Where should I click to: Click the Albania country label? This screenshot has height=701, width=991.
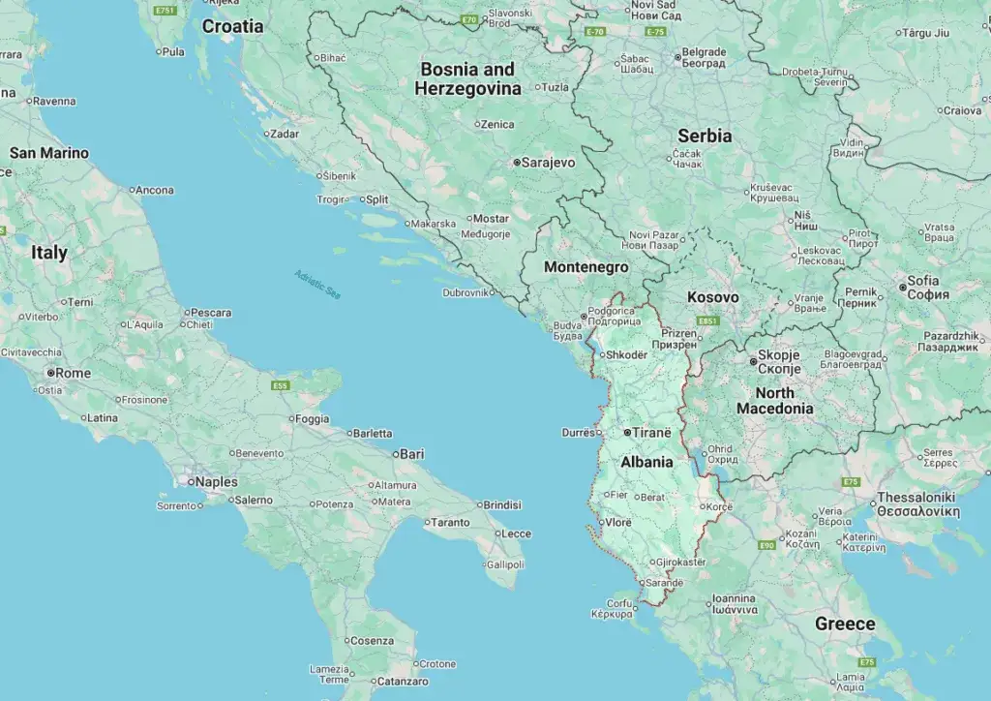(646, 462)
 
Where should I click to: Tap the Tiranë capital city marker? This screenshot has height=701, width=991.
(627, 432)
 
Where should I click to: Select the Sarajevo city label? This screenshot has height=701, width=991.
(547, 163)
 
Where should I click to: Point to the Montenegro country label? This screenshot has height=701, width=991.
(586, 267)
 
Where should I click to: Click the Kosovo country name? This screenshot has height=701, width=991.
(712, 297)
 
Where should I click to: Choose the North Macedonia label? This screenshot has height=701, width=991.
(774, 401)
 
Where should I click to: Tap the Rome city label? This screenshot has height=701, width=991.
(73, 373)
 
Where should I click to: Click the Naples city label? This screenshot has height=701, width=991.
(216, 481)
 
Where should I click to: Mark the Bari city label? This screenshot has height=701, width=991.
(412, 453)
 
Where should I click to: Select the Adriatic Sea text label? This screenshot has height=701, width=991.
(318, 284)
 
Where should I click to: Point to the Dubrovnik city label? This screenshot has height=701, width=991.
(465, 292)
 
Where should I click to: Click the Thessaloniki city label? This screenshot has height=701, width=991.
(916, 503)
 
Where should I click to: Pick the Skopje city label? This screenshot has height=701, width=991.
(778, 362)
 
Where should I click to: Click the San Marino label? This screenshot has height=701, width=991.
(48, 153)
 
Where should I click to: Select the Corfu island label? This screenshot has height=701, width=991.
(618, 603)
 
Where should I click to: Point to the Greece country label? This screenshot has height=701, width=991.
(844, 624)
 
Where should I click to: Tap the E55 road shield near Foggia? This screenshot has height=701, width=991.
(281, 385)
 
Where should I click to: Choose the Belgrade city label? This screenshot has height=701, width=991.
(703, 52)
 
